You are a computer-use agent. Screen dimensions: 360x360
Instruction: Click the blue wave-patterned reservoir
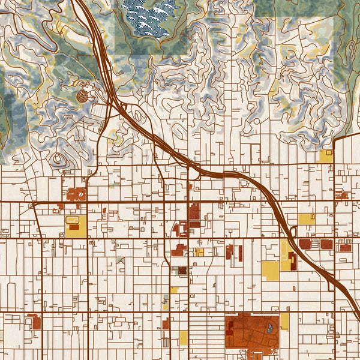[x=148, y=16]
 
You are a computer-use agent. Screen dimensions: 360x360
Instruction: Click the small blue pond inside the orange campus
[x=269, y=328]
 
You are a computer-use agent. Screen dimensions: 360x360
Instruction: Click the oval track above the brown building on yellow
[x=74, y=220]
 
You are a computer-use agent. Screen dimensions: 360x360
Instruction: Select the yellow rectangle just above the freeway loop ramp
[x=306, y=219]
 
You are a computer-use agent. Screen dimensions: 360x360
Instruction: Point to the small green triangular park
[x=122, y=261]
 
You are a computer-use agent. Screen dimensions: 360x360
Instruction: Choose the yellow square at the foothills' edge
[x=326, y=156]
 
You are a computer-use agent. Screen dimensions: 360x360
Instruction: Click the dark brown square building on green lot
[x=182, y=271]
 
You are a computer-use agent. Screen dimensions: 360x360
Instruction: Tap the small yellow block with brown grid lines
[x=199, y=253]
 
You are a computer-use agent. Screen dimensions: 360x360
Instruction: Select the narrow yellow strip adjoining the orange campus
[x=284, y=321]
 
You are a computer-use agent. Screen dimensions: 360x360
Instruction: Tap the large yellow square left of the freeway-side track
[x=270, y=270]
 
